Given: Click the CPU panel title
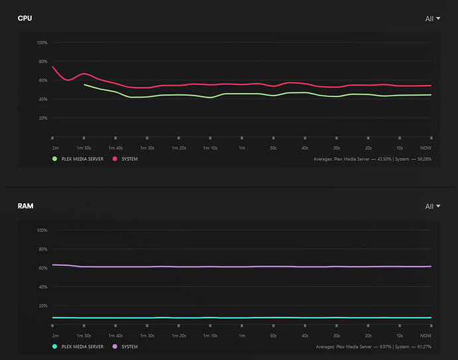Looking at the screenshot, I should [x=25, y=19].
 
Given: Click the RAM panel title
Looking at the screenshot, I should [x=25, y=207].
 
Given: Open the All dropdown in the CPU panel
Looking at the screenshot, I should [x=433, y=19].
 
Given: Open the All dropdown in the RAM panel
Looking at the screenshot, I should [x=433, y=207].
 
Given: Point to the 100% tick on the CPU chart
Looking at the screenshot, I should [x=42, y=43].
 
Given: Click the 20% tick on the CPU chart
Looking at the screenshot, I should [x=42, y=118].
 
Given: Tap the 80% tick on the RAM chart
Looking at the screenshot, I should [x=42, y=249].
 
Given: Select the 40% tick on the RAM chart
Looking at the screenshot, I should [x=42, y=287].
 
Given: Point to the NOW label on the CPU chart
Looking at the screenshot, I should [x=426, y=148].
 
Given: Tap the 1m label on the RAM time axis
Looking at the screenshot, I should [x=242, y=336].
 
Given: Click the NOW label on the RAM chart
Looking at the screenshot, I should [x=426, y=336].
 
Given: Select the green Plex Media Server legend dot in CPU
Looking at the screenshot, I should [x=55, y=159].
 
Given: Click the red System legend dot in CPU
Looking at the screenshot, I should [x=115, y=159].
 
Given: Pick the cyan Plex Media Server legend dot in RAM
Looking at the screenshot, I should [x=55, y=347].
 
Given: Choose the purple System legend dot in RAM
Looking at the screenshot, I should [x=115, y=347].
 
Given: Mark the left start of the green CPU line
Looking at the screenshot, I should [x=84, y=84].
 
